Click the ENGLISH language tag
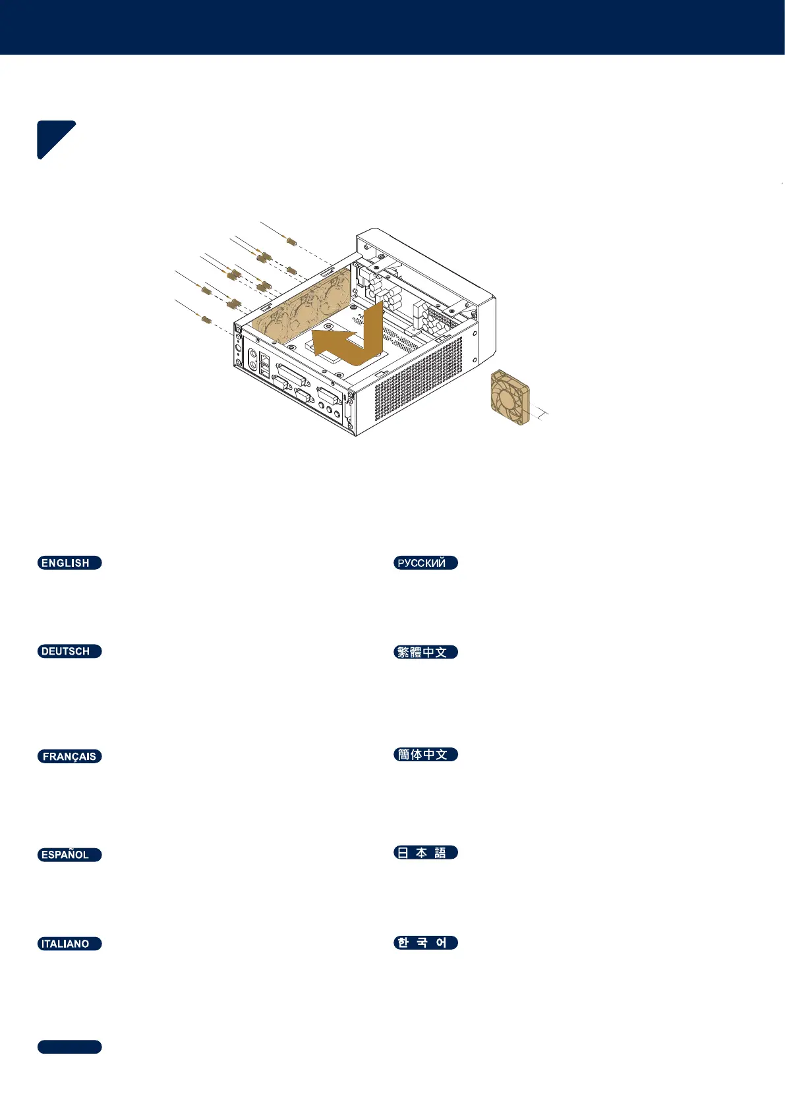click(x=69, y=563)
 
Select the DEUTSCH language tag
click(x=69, y=651)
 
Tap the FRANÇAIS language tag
click(x=69, y=757)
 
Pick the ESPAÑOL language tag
click(x=69, y=855)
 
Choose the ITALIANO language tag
click(x=69, y=944)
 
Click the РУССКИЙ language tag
click(x=425, y=563)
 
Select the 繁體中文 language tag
click(x=425, y=652)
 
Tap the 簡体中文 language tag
click(x=425, y=755)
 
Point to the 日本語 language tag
click(x=425, y=853)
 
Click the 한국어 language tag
click(x=425, y=943)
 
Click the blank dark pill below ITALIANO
click(x=69, y=1047)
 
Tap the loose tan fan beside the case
click(x=510, y=397)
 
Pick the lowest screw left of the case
click(x=206, y=319)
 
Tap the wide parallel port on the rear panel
click(x=290, y=378)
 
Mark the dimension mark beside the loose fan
click(x=542, y=414)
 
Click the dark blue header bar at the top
click(x=392, y=27)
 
